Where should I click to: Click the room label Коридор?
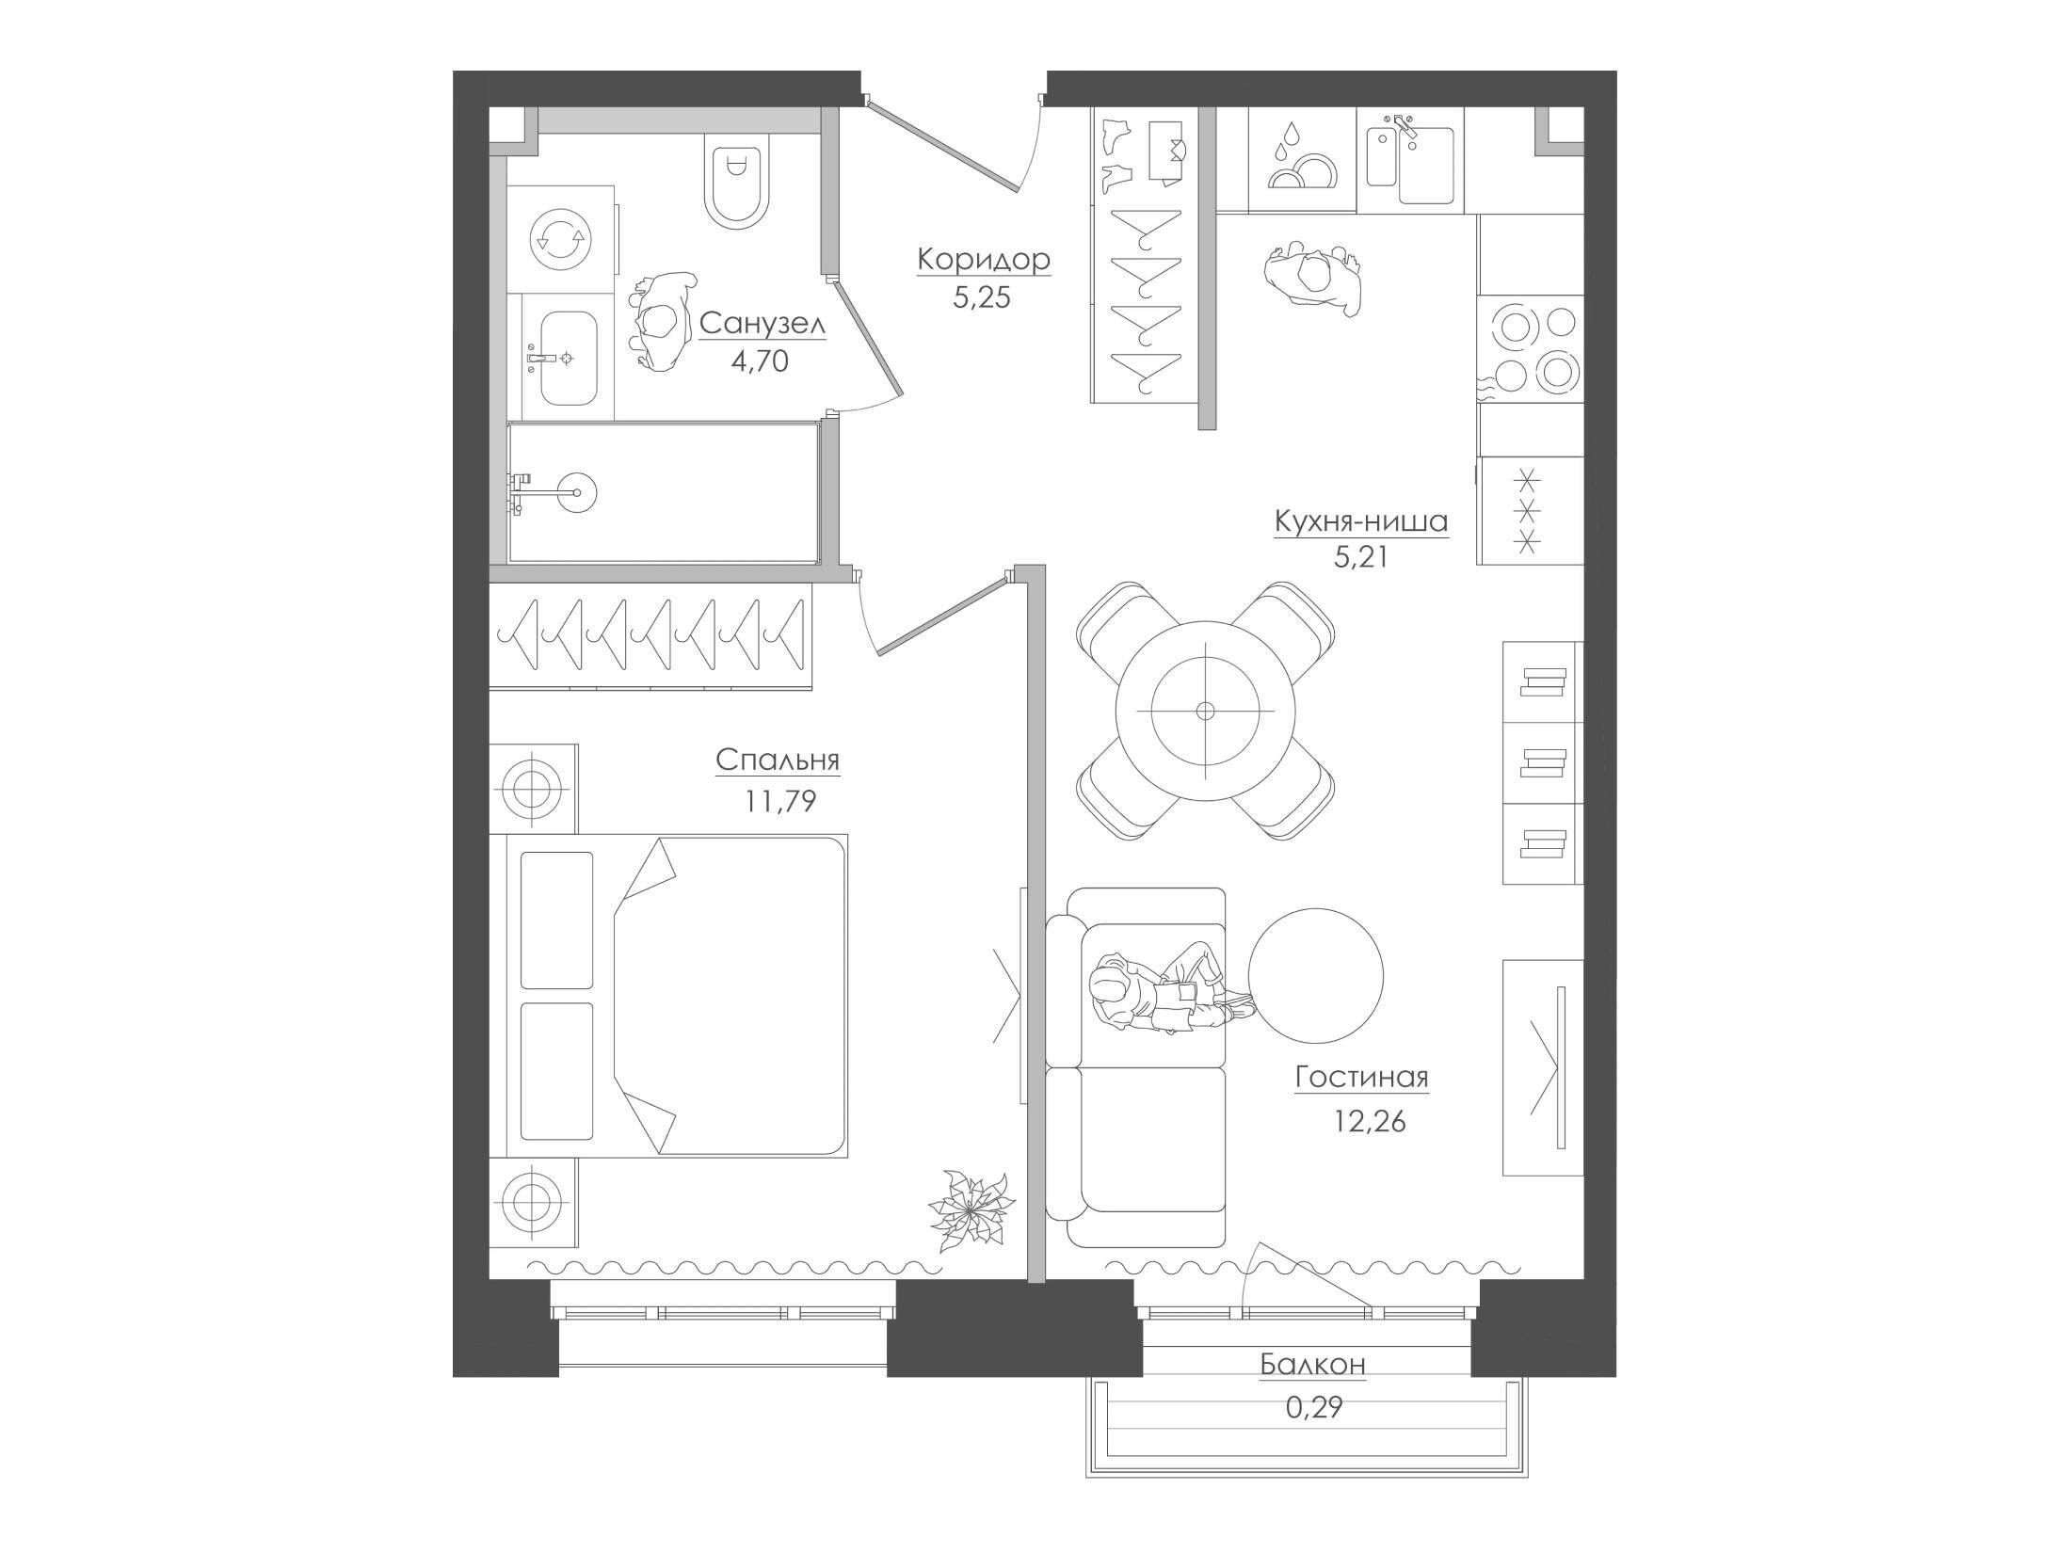984,259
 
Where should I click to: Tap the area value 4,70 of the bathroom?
760,360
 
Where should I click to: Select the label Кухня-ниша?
1360,521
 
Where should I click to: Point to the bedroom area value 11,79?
780,801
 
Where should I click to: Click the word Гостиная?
1361,1077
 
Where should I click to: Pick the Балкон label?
1312,1364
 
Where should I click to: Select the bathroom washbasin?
561,359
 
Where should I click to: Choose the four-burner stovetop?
1531,349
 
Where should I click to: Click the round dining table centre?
1204,711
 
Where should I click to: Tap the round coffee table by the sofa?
1316,976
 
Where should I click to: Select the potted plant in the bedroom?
971,1211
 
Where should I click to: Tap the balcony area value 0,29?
1313,1407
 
